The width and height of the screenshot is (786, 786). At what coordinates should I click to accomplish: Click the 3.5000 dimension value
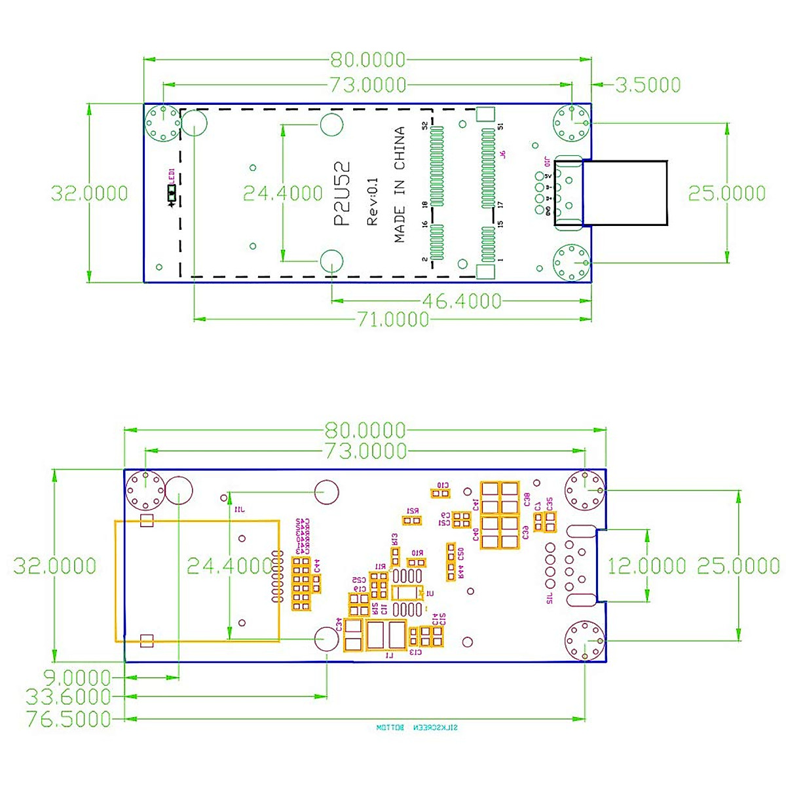[x=648, y=84]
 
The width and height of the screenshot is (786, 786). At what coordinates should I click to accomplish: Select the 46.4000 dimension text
[x=462, y=301]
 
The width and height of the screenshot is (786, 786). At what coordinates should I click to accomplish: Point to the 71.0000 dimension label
[x=392, y=320]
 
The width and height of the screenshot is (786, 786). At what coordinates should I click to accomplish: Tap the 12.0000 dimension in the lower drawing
[x=646, y=566]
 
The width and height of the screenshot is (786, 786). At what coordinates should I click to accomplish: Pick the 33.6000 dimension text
[x=68, y=697]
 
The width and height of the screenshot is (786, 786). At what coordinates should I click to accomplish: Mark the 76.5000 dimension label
[x=68, y=719]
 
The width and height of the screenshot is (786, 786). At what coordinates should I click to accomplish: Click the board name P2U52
[x=343, y=194]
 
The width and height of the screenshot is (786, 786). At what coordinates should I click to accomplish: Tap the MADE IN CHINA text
[x=400, y=185]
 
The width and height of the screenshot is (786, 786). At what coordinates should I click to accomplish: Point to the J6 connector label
[x=502, y=154]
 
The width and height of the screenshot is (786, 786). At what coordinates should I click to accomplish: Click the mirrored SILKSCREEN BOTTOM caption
[x=417, y=728]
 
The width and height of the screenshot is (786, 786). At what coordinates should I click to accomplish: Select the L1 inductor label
[x=389, y=655]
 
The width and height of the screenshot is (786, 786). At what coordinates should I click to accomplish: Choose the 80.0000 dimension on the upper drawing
[x=367, y=60]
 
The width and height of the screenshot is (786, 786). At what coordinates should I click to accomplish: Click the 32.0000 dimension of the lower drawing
[x=54, y=566]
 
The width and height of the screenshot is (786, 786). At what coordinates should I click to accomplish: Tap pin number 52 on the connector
[x=425, y=125]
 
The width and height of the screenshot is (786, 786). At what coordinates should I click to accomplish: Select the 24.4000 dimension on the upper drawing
[x=283, y=193]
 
